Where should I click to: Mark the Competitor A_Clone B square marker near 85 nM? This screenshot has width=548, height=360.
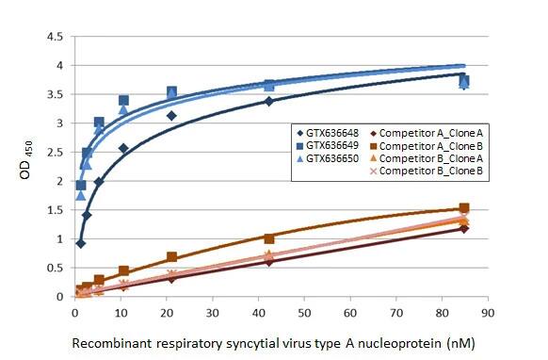click(x=463, y=208)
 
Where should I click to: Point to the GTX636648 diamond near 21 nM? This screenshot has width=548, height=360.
click(x=171, y=116)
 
